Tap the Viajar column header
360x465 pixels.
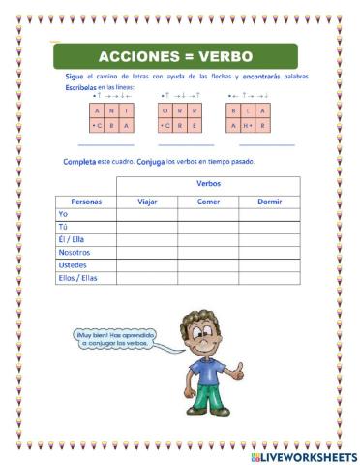pyautogui.click(x=147, y=201)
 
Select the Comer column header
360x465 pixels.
pyautogui.click(x=208, y=201)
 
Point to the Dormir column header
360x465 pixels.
pyautogui.click(x=269, y=201)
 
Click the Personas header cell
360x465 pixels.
pyautogui.click(x=86, y=201)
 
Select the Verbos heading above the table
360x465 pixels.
pyautogui.click(x=208, y=183)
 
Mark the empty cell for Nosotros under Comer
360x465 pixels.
pyautogui.click(x=208, y=251)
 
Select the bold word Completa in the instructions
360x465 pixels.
pyautogui.click(x=79, y=161)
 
